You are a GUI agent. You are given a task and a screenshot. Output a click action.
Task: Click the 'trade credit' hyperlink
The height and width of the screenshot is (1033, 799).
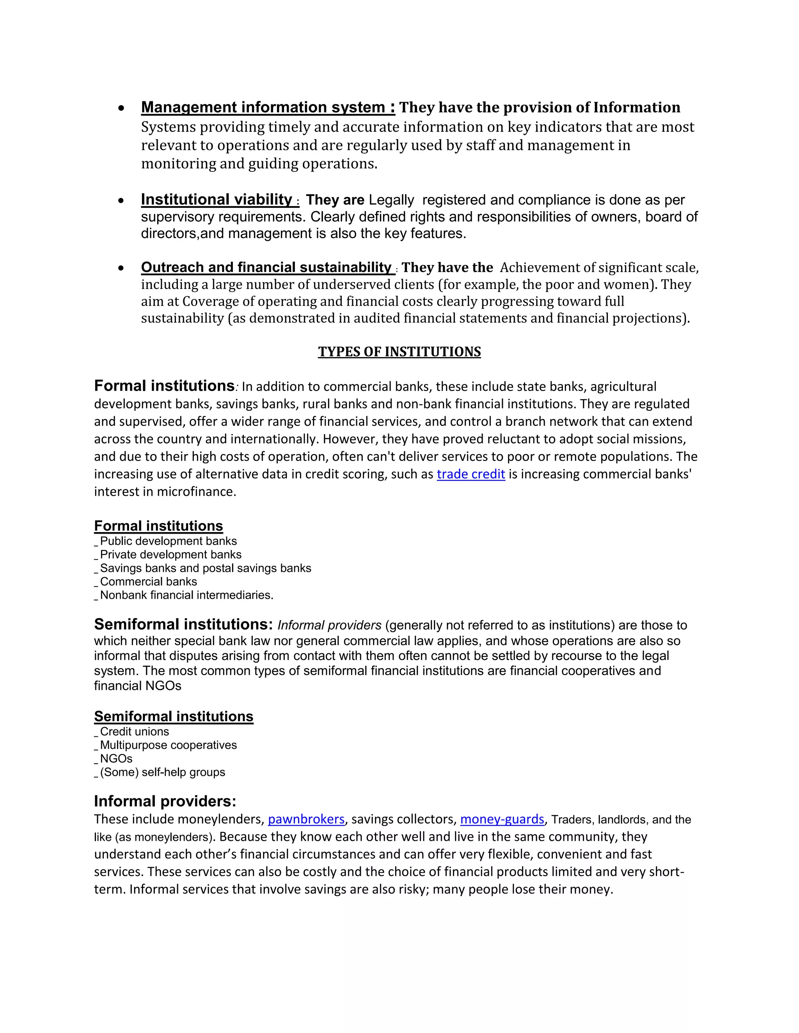pos(471,474)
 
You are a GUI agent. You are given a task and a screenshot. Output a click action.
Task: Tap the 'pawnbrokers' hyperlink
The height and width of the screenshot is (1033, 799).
pos(306,819)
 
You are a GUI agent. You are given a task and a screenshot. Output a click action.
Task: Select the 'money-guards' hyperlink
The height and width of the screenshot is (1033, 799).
pos(502,819)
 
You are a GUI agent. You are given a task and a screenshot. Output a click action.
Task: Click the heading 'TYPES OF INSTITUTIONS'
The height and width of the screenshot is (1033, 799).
pos(399,352)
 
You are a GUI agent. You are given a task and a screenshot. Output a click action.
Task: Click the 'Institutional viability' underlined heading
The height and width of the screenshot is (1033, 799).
pos(217,200)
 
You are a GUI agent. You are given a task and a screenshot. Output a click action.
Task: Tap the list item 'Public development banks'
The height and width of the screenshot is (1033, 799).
pos(168,541)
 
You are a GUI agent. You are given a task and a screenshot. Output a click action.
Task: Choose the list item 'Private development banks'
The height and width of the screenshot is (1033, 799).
pos(170,555)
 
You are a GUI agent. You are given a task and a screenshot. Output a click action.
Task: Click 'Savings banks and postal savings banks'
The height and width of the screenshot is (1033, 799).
pos(206,568)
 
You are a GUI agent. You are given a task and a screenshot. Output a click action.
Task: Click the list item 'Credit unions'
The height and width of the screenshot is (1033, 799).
pos(135,732)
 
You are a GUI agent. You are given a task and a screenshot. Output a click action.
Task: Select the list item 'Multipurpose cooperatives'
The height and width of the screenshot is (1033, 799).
pos(168,745)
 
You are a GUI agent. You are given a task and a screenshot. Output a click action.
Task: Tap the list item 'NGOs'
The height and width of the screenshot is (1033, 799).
pos(116,759)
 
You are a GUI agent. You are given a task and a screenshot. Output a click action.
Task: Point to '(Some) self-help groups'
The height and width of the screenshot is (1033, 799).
pos(162,772)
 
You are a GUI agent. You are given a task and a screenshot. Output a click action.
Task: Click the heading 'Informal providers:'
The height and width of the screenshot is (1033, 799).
pos(165,801)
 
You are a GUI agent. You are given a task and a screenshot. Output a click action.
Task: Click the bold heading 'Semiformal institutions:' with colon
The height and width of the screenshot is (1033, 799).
pos(183,624)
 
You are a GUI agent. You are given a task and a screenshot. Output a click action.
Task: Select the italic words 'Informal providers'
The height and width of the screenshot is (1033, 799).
pos(329,625)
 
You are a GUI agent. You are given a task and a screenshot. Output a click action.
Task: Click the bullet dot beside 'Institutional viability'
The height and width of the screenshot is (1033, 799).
pos(122,200)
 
